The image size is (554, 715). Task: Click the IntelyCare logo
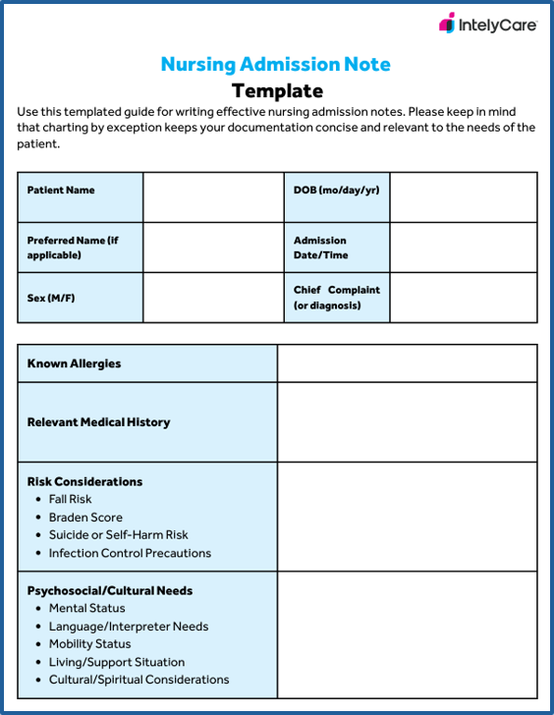point(487,25)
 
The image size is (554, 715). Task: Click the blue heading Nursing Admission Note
point(276,65)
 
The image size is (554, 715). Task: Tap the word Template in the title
point(277,91)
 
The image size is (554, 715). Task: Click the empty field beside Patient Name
point(211,197)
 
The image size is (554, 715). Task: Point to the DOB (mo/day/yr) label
point(336,191)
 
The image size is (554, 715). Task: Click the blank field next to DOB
point(464,197)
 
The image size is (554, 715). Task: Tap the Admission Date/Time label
point(320,247)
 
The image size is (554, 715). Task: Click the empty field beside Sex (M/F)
point(211,298)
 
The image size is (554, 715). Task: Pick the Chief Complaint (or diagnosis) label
point(336,298)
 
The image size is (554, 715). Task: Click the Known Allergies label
point(75,363)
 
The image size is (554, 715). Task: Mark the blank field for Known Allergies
point(407,363)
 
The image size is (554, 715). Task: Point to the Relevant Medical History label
point(98,422)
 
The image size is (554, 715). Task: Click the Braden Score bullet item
point(85,518)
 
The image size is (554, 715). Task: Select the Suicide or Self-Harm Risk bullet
point(118,535)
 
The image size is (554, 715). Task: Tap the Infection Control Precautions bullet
point(130,553)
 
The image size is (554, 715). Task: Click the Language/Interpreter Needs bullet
point(129,627)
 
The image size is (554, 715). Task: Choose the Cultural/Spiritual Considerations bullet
point(138,680)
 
